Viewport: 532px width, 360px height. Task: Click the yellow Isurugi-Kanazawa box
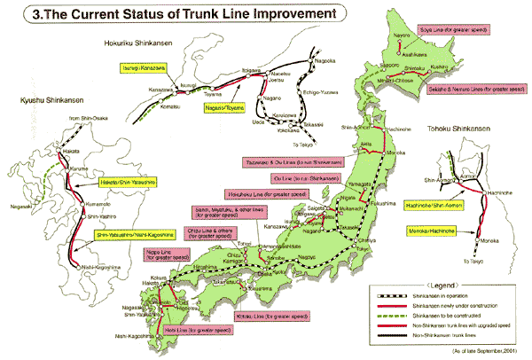point(137,67)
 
